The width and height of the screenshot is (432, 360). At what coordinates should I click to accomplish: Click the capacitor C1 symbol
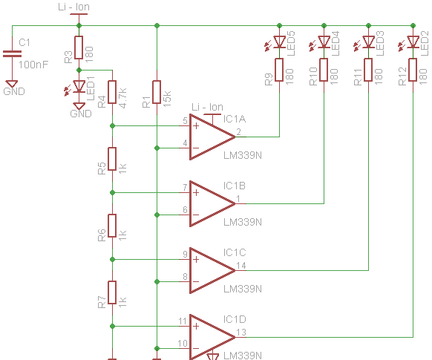[x=11, y=53]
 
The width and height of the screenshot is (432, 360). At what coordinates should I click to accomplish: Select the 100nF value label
[x=34, y=65]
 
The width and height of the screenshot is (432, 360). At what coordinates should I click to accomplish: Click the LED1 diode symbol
[x=79, y=88]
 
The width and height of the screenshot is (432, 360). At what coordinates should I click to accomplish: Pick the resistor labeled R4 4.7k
[x=112, y=93]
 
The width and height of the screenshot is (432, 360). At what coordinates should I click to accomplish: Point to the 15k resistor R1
[x=156, y=92]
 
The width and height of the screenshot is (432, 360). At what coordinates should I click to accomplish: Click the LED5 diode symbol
[x=280, y=42]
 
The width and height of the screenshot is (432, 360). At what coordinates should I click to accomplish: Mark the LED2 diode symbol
[x=413, y=42]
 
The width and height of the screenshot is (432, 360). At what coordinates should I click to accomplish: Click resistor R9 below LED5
[x=280, y=70]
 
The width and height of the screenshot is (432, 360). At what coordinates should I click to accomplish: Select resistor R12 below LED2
[x=413, y=70]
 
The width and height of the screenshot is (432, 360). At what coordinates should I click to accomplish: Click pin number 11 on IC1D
[x=182, y=321]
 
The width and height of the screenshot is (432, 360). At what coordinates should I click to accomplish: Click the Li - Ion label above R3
[x=73, y=7]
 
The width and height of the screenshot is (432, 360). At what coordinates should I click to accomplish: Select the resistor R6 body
[x=112, y=226]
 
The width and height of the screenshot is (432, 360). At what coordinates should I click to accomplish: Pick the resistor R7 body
[x=112, y=292]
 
